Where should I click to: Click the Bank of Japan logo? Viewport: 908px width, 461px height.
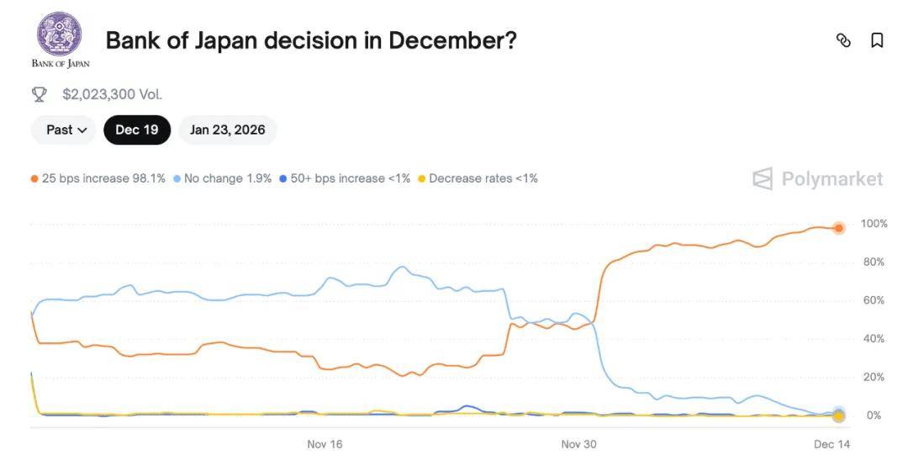(60, 38)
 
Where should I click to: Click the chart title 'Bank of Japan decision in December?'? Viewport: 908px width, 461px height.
(310, 40)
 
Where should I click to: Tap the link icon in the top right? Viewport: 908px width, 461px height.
(843, 40)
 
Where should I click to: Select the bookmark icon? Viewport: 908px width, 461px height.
(877, 40)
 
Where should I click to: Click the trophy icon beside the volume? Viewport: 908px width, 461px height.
(40, 94)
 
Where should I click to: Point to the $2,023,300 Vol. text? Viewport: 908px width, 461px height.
(112, 94)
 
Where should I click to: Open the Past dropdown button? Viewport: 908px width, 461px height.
(66, 130)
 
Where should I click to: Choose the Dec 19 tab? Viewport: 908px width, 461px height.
(137, 130)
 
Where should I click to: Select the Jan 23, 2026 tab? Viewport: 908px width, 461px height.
(227, 130)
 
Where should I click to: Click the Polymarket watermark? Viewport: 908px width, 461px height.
(817, 178)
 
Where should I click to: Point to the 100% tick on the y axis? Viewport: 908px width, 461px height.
(874, 224)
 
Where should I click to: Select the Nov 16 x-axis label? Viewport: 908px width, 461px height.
(325, 444)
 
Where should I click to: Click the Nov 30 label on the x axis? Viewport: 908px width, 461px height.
(578, 444)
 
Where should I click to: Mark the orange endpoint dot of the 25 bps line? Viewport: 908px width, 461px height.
(838, 228)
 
